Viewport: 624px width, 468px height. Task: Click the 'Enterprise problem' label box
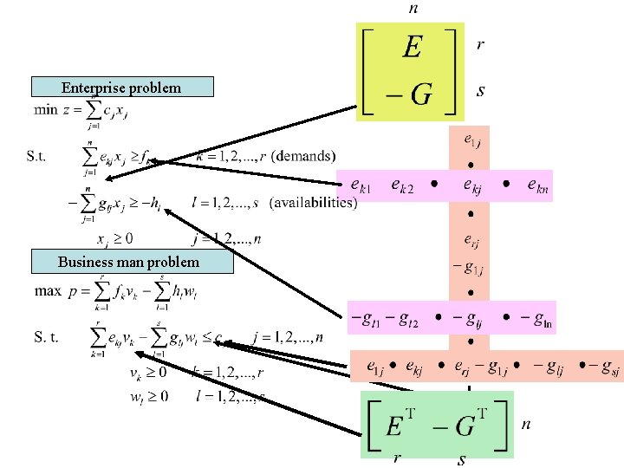coord(121,87)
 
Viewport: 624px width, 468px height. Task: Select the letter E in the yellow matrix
coord(412,47)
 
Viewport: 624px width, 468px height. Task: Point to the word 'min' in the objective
coord(45,111)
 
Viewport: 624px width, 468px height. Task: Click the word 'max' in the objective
coord(48,291)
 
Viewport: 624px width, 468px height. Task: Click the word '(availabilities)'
coord(314,202)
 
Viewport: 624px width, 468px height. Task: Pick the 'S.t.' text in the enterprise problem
coord(38,157)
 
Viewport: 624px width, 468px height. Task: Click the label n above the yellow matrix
coord(413,9)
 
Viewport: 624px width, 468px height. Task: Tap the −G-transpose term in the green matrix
coord(468,425)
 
